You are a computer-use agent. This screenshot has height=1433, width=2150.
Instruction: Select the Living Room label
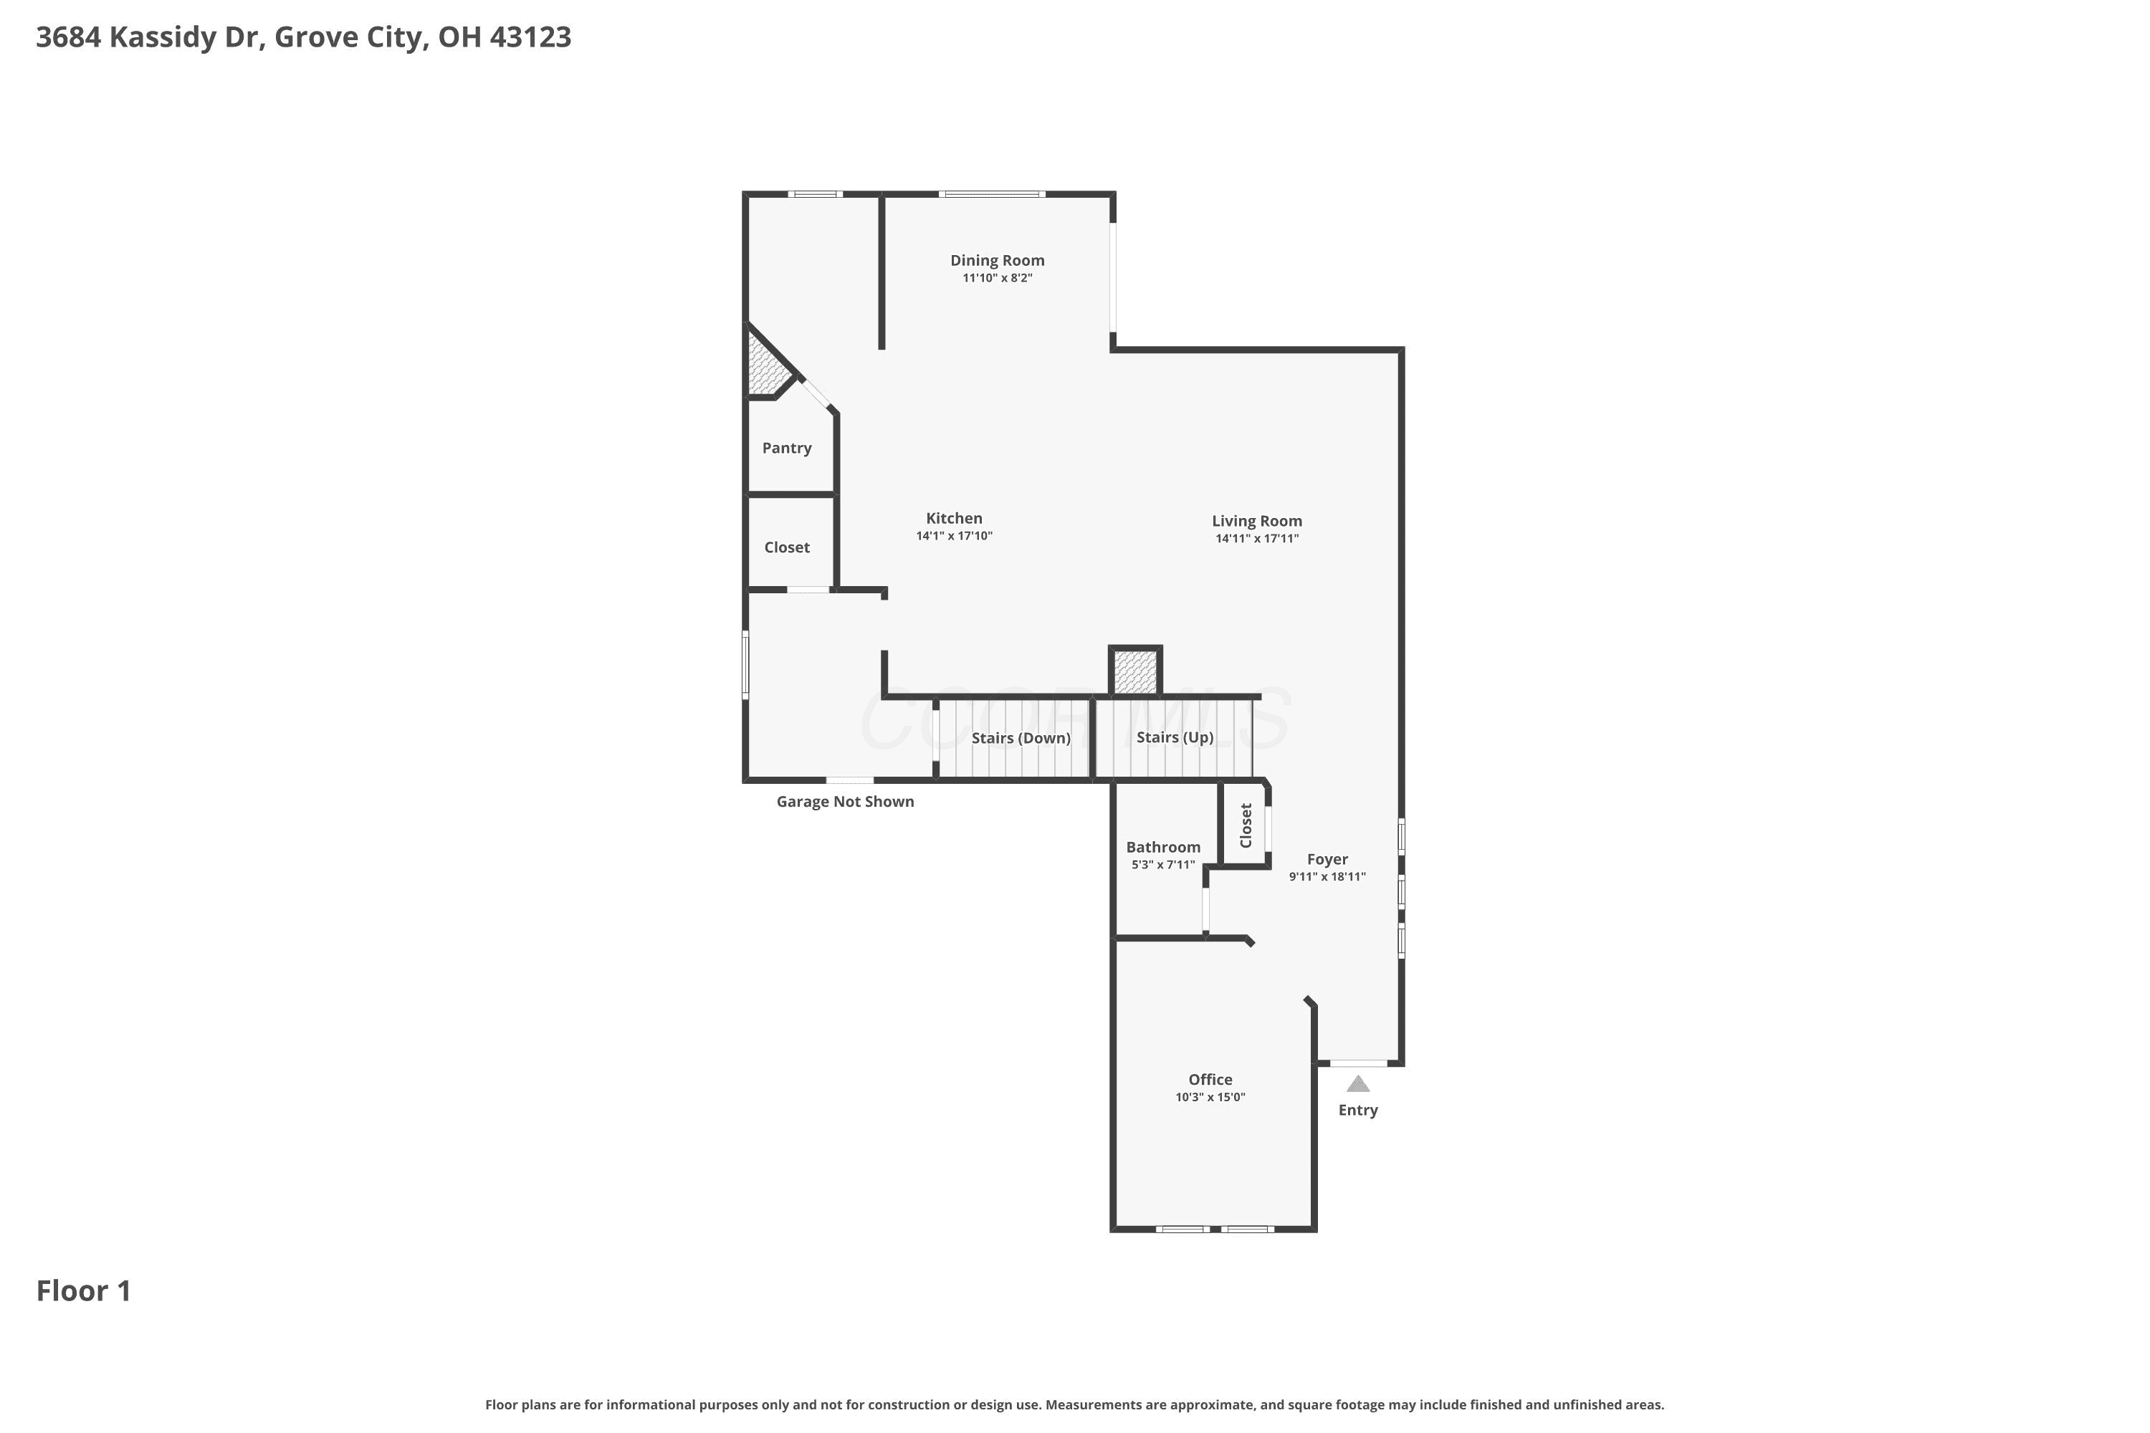[x=1257, y=521]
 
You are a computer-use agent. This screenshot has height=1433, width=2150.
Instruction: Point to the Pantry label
[x=786, y=448]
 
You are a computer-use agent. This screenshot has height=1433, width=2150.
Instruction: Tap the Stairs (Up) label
[x=1175, y=737]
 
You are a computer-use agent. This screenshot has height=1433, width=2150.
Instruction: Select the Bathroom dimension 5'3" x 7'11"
[x=1162, y=865]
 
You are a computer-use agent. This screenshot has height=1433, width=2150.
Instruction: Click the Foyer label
[x=1327, y=859]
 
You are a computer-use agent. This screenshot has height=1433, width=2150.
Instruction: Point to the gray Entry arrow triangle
[x=1358, y=1084]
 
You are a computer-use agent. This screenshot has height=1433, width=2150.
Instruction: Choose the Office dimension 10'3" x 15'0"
[x=1210, y=1097]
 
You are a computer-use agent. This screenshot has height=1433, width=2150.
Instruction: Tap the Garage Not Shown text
[x=845, y=802]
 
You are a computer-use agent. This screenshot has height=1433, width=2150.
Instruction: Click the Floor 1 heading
[x=83, y=1290]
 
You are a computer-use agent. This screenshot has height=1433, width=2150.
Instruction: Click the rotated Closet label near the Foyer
[x=1245, y=825]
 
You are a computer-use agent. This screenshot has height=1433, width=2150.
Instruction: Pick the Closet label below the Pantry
[x=786, y=547]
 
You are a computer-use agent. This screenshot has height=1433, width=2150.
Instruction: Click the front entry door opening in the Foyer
[x=1358, y=1063]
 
